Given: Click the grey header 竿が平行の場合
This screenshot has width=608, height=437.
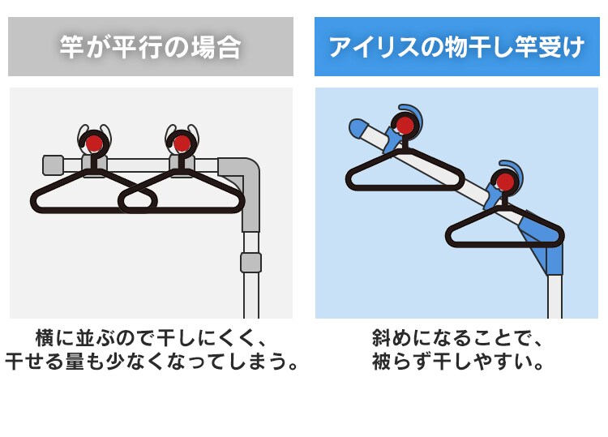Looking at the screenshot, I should coord(150,47).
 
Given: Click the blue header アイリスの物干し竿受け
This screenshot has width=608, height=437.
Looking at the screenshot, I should coord(456,47).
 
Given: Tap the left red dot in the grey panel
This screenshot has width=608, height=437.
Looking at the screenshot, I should coord(94,144).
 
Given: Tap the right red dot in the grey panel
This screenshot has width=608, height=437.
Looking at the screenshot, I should coord(182,144).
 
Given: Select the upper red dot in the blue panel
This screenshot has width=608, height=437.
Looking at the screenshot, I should coord(403,126).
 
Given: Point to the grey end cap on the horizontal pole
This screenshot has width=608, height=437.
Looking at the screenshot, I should coord(53,165).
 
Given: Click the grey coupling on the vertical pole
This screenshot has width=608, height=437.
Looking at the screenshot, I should coord(251,262).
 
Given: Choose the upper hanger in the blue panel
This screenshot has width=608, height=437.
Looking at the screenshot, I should coord(403,172).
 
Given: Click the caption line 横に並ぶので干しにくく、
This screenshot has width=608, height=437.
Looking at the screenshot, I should coord(151,336).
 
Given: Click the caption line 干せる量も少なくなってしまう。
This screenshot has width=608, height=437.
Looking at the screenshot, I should coord(151,361).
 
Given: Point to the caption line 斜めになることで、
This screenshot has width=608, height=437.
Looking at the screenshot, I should coord(456,336).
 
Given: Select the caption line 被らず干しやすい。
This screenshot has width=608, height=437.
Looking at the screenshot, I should coord(456,361).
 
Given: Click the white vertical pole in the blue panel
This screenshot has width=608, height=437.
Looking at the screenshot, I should coord(554,296).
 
